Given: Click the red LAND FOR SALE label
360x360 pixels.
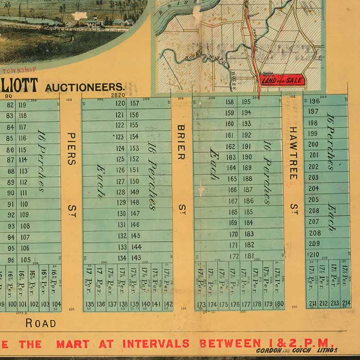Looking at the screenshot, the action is click(282, 80).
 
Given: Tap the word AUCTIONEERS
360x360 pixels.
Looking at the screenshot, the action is click(84, 87).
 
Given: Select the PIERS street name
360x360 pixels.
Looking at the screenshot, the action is click(71, 149).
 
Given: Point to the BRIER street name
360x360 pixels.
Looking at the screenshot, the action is click(181, 142).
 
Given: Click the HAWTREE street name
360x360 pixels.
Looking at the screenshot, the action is click(293, 153).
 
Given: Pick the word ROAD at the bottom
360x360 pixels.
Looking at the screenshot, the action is click(41, 323).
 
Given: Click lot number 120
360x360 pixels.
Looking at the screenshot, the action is click(120, 103).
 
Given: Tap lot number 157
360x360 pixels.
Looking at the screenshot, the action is click(135, 103).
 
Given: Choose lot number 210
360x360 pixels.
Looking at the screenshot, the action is click(313, 254).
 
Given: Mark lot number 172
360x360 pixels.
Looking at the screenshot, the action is click(233, 256).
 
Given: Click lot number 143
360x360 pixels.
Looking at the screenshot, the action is click(135, 258).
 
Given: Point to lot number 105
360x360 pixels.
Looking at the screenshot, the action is click(26, 259).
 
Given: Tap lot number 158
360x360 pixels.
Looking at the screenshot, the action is click(230, 102).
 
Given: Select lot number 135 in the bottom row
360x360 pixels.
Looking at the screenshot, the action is click(89, 304).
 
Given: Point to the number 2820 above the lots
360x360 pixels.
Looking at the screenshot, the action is click(118, 95).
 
